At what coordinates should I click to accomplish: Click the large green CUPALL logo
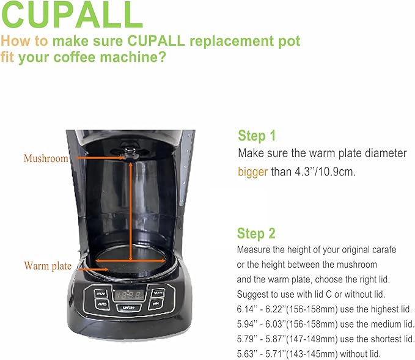(72, 15)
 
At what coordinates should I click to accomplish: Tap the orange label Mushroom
(46, 158)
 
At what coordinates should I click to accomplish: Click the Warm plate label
(48, 266)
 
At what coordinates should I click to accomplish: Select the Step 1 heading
(257, 136)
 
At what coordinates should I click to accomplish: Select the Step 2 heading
(256, 233)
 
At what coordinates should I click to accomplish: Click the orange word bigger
(253, 172)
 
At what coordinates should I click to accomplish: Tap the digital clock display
(129, 295)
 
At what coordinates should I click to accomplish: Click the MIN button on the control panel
(155, 303)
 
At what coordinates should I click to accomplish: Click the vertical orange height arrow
(131, 211)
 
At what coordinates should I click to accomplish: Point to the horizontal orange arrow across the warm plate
(130, 261)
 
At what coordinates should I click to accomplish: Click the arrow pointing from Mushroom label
(101, 158)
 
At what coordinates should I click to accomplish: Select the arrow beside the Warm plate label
(93, 270)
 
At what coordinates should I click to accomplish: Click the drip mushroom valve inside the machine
(130, 153)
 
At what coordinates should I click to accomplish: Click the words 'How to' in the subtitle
(24, 41)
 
